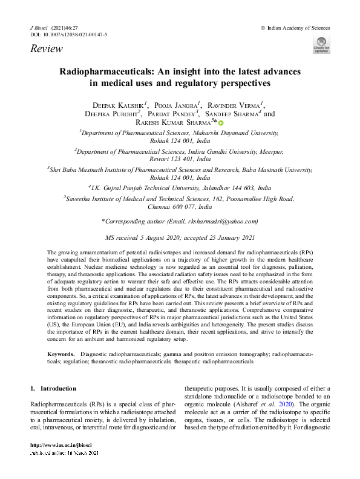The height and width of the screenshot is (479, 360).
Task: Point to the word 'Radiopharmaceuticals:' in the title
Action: pos(106,71)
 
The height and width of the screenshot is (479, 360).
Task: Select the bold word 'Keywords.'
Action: pos(61,352)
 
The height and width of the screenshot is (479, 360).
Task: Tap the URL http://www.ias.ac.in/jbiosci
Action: pos(61,463)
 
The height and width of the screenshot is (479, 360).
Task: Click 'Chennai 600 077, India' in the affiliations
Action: pos(180,206)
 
